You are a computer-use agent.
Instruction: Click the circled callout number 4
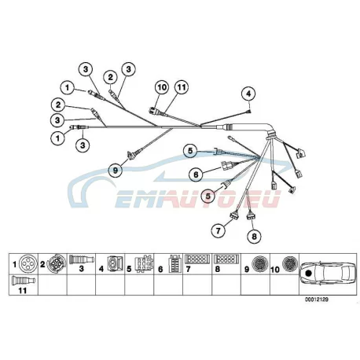tap(248, 94)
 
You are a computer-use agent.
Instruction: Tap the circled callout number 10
tap(162, 87)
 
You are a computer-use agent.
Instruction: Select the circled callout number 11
tap(182, 87)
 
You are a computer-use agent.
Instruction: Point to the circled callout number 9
tap(116, 171)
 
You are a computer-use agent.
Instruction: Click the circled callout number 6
tap(197, 174)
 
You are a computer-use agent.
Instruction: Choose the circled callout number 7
tap(219, 230)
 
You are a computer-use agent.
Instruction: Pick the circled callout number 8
tap(255, 237)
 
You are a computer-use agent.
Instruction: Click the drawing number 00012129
tap(316, 299)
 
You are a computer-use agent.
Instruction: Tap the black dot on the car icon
tap(308, 273)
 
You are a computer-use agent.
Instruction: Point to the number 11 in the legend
tap(23, 291)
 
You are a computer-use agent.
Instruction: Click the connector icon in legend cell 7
tap(197, 259)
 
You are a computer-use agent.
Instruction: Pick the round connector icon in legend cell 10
tap(290, 263)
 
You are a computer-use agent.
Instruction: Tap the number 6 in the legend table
tap(160, 269)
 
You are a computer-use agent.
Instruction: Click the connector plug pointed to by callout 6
tap(226, 165)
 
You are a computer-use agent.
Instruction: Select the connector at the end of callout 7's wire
tap(233, 216)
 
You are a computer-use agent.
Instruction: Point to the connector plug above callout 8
tap(251, 216)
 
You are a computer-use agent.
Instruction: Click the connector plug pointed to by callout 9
tap(130, 155)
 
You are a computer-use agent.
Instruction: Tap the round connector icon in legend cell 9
tap(260, 264)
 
